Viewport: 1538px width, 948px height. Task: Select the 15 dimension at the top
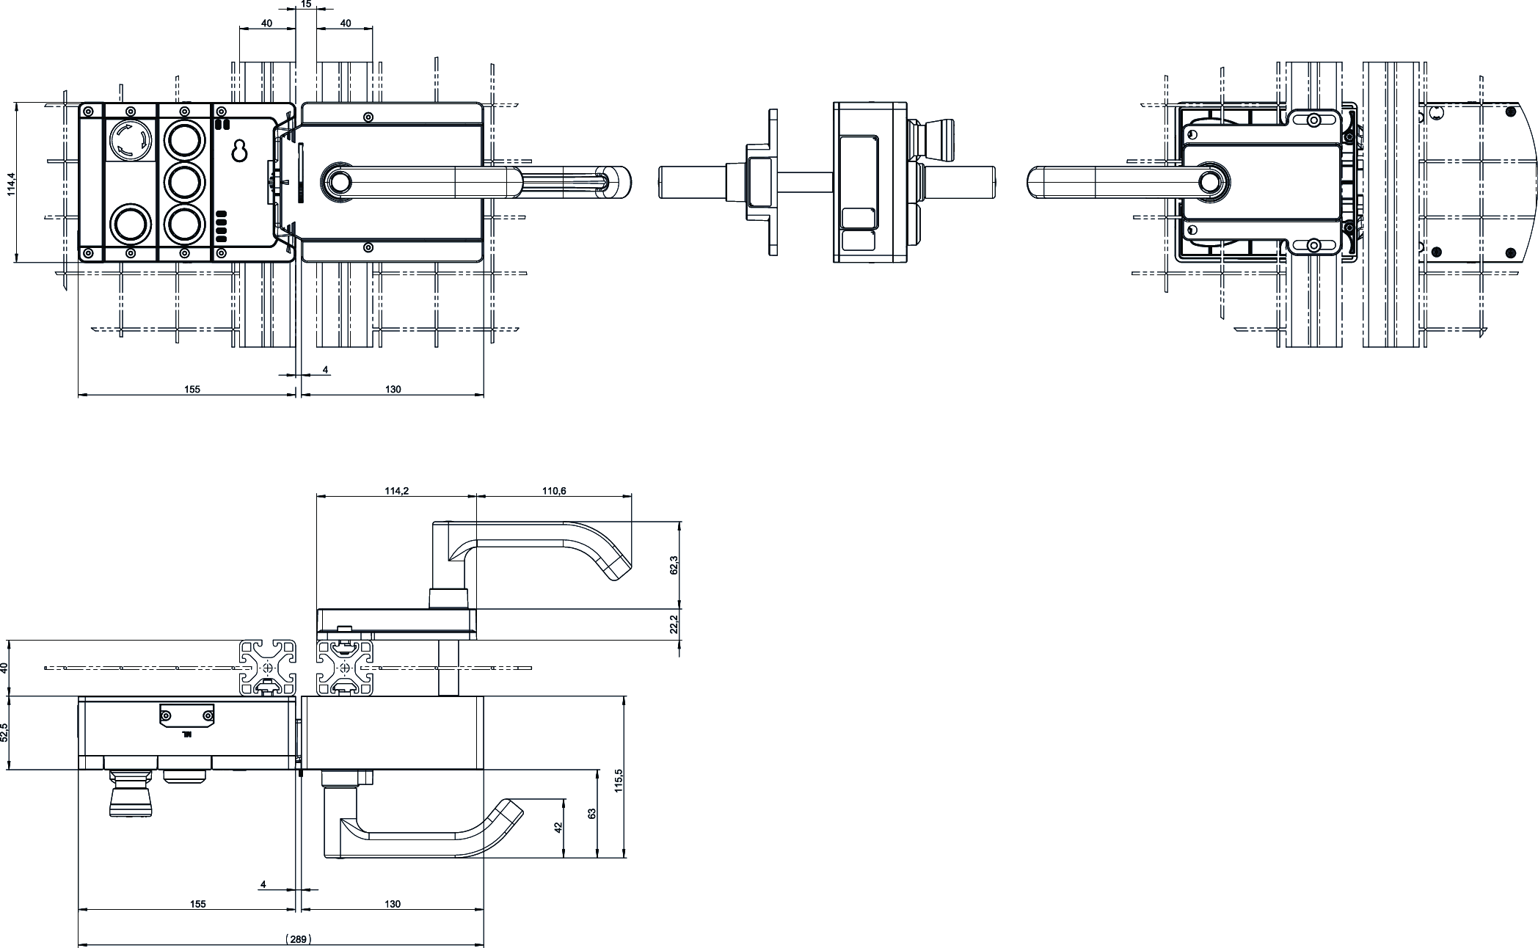click(306, 4)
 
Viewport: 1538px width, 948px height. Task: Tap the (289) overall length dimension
click(299, 938)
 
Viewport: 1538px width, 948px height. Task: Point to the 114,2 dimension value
click(396, 491)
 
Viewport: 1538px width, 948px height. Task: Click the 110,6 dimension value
click(554, 491)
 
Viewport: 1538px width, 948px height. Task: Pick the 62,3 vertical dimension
click(674, 565)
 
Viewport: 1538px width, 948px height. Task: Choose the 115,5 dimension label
click(618, 781)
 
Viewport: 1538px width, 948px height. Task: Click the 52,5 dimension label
click(5, 732)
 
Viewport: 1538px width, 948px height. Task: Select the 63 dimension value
click(591, 814)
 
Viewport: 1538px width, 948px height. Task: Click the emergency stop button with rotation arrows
click(130, 139)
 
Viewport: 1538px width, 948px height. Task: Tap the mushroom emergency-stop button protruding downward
click(130, 795)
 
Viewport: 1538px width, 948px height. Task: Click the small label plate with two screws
click(187, 715)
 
